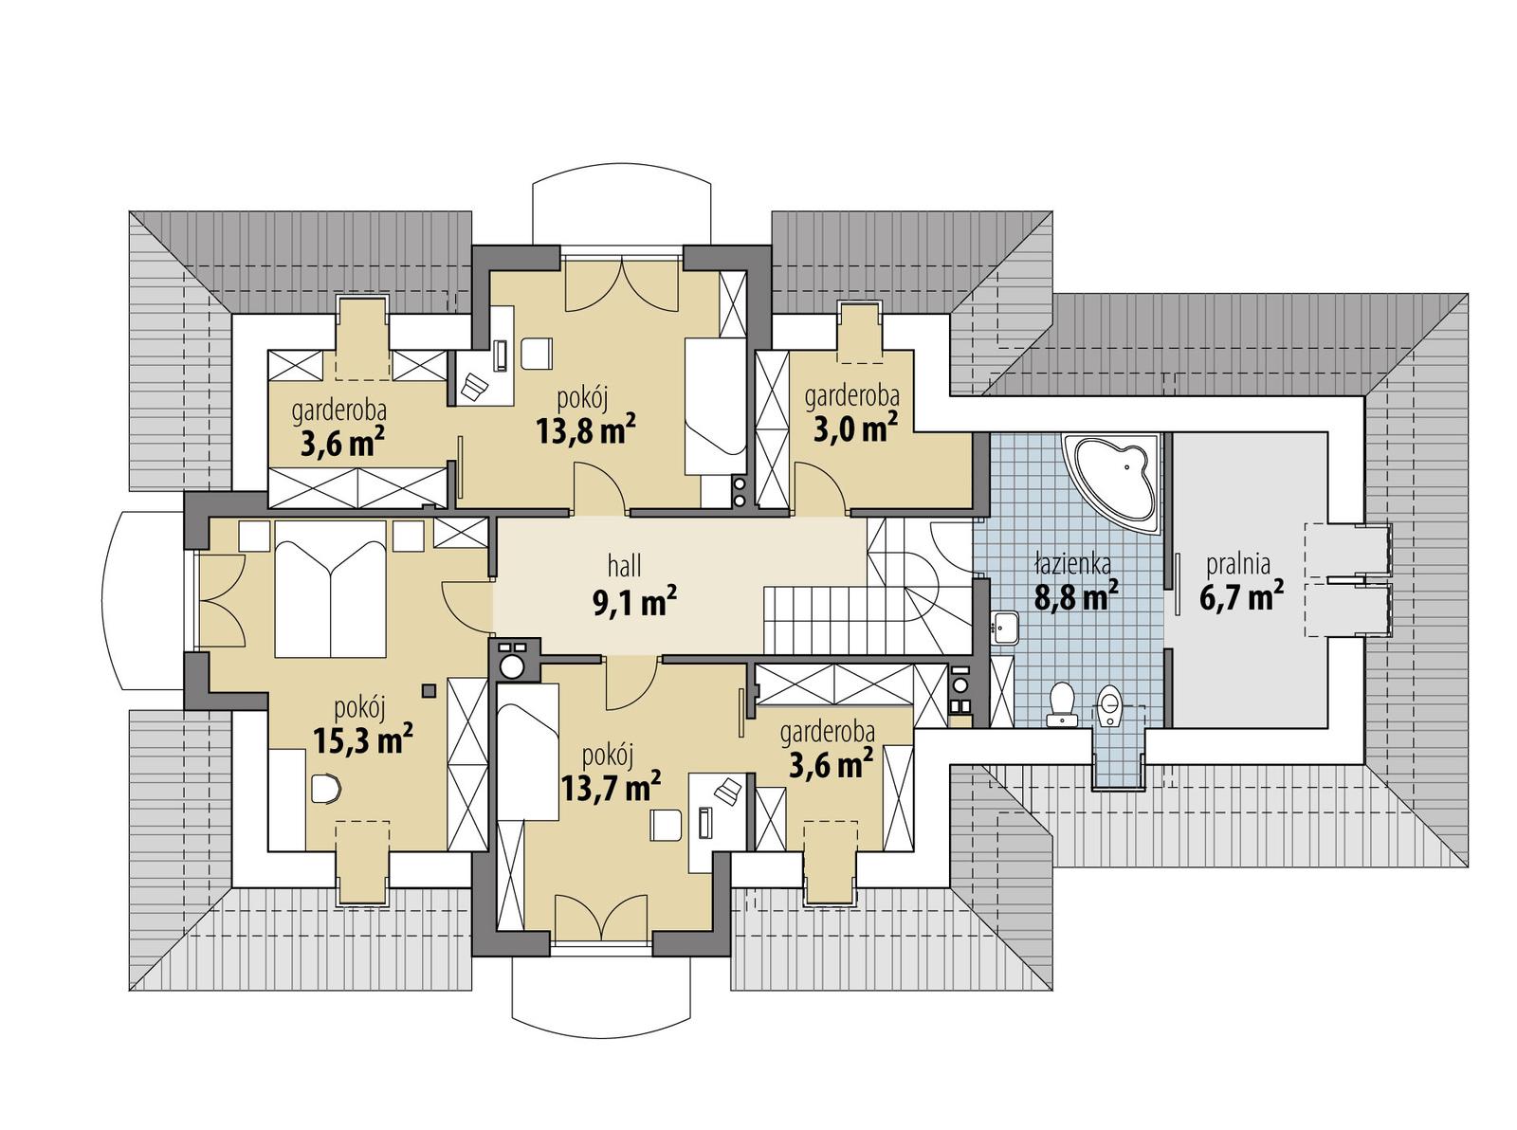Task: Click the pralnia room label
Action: point(1237,565)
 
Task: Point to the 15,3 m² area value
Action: point(362,738)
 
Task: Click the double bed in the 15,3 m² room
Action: point(330,589)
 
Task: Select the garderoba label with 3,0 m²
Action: point(851,396)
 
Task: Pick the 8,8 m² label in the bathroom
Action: point(1074,597)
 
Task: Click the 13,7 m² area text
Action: point(610,785)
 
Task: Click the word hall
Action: point(624,567)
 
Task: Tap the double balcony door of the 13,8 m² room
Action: point(622,282)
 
